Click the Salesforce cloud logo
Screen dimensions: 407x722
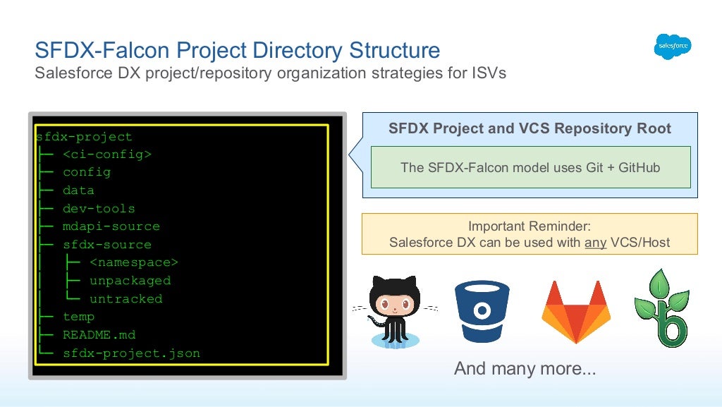pos(672,47)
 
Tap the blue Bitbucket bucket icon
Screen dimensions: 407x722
pos(482,311)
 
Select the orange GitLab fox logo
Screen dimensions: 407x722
pos(575,311)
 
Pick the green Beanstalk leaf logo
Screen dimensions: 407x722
pos(661,308)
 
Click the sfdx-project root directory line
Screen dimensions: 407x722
pos(84,137)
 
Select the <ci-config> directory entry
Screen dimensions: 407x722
pos(106,154)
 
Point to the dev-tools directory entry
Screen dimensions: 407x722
pos(98,209)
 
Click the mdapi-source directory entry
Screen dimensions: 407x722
pos(111,226)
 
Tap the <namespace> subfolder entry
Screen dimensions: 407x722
pos(134,262)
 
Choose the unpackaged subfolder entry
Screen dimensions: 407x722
pos(130,281)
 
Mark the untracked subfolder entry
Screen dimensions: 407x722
pos(126,299)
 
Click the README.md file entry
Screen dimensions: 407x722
pos(99,335)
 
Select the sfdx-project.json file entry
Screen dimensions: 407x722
pos(131,353)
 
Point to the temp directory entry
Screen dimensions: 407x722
pos(78,317)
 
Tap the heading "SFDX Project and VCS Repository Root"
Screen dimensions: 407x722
pos(530,129)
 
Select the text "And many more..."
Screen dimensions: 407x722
pos(525,368)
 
